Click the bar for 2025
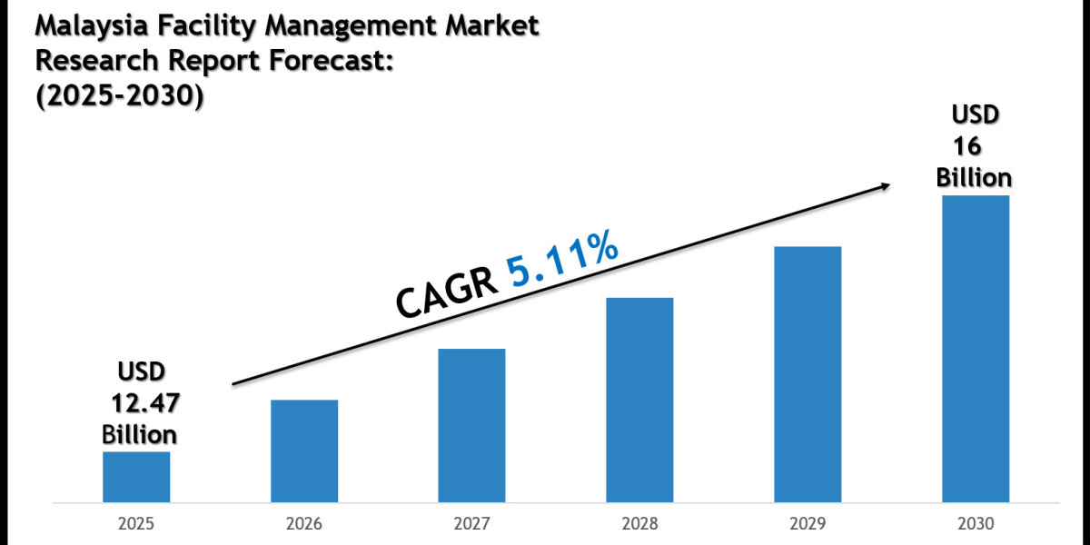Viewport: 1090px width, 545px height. pyautogui.click(x=136, y=477)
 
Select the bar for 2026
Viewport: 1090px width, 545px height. pyautogui.click(x=304, y=451)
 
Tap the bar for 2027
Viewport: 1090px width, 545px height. pyautogui.click(x=471, y=425)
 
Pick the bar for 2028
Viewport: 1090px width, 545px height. pyautogui.click(x=639, y=400)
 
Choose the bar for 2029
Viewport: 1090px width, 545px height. pyautogui.click(x=808, y=374)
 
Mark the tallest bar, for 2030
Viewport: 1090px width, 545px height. pyautogui.click(x=976, y=349)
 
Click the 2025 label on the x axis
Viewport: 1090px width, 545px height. pyautogui.click(x=136, y=524)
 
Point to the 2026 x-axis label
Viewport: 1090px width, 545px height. pyautogui.click(x=304, y=524)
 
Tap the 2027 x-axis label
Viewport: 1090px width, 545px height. pyautogui.click(x=471, y=524)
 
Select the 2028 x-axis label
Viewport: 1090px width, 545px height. pyautogui.click(x=639, y=524)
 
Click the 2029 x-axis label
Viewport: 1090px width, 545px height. pyautogui.click(x=808, y=524)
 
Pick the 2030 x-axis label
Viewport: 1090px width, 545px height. pyautogui.click(x=976, y=524)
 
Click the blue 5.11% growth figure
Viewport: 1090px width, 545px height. pyautogui.click(x=563, y=259)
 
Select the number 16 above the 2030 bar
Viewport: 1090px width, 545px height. pyautogui.click(x=968, y=145)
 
